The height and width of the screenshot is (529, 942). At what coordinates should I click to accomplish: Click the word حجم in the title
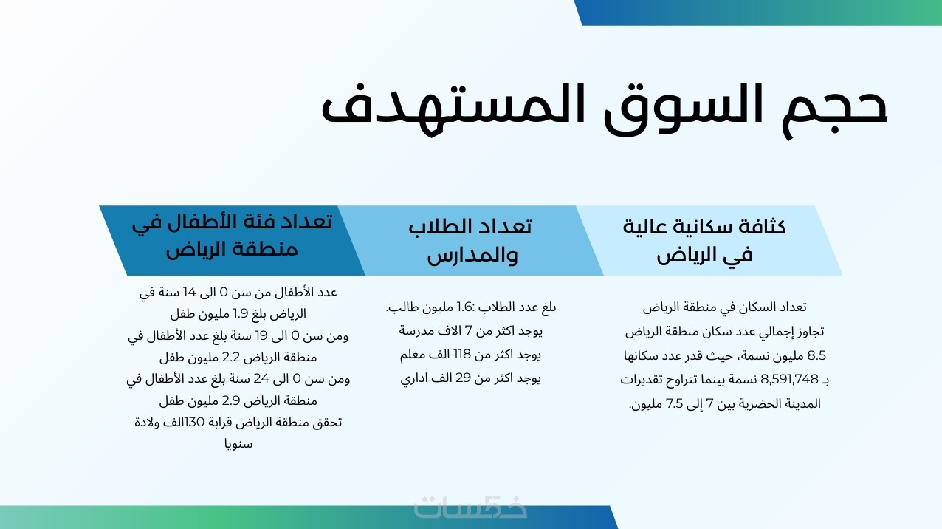(x=834, y=109)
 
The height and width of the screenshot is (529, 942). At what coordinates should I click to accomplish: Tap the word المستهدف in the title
(x=452, y=106)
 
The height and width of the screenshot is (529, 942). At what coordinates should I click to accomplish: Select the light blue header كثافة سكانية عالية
(x=709, y=241)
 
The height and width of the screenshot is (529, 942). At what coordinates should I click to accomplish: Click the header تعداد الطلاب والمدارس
(x=470, y=241)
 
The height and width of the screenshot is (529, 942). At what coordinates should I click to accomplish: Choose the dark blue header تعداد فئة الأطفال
(x=232, y=241)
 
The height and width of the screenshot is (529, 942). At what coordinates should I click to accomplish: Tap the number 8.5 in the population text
(x=816, y=356)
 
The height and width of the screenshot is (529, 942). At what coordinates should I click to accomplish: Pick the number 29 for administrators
(x=463, y=378)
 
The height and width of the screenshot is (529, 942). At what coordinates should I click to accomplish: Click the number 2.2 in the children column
(x=231, y=358)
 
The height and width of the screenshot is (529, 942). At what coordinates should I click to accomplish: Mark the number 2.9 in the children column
(x=231, y=401)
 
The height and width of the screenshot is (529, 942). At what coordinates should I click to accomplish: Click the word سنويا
(x=238, y=445)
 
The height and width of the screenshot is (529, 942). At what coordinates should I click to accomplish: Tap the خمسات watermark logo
(x=470, y=508)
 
